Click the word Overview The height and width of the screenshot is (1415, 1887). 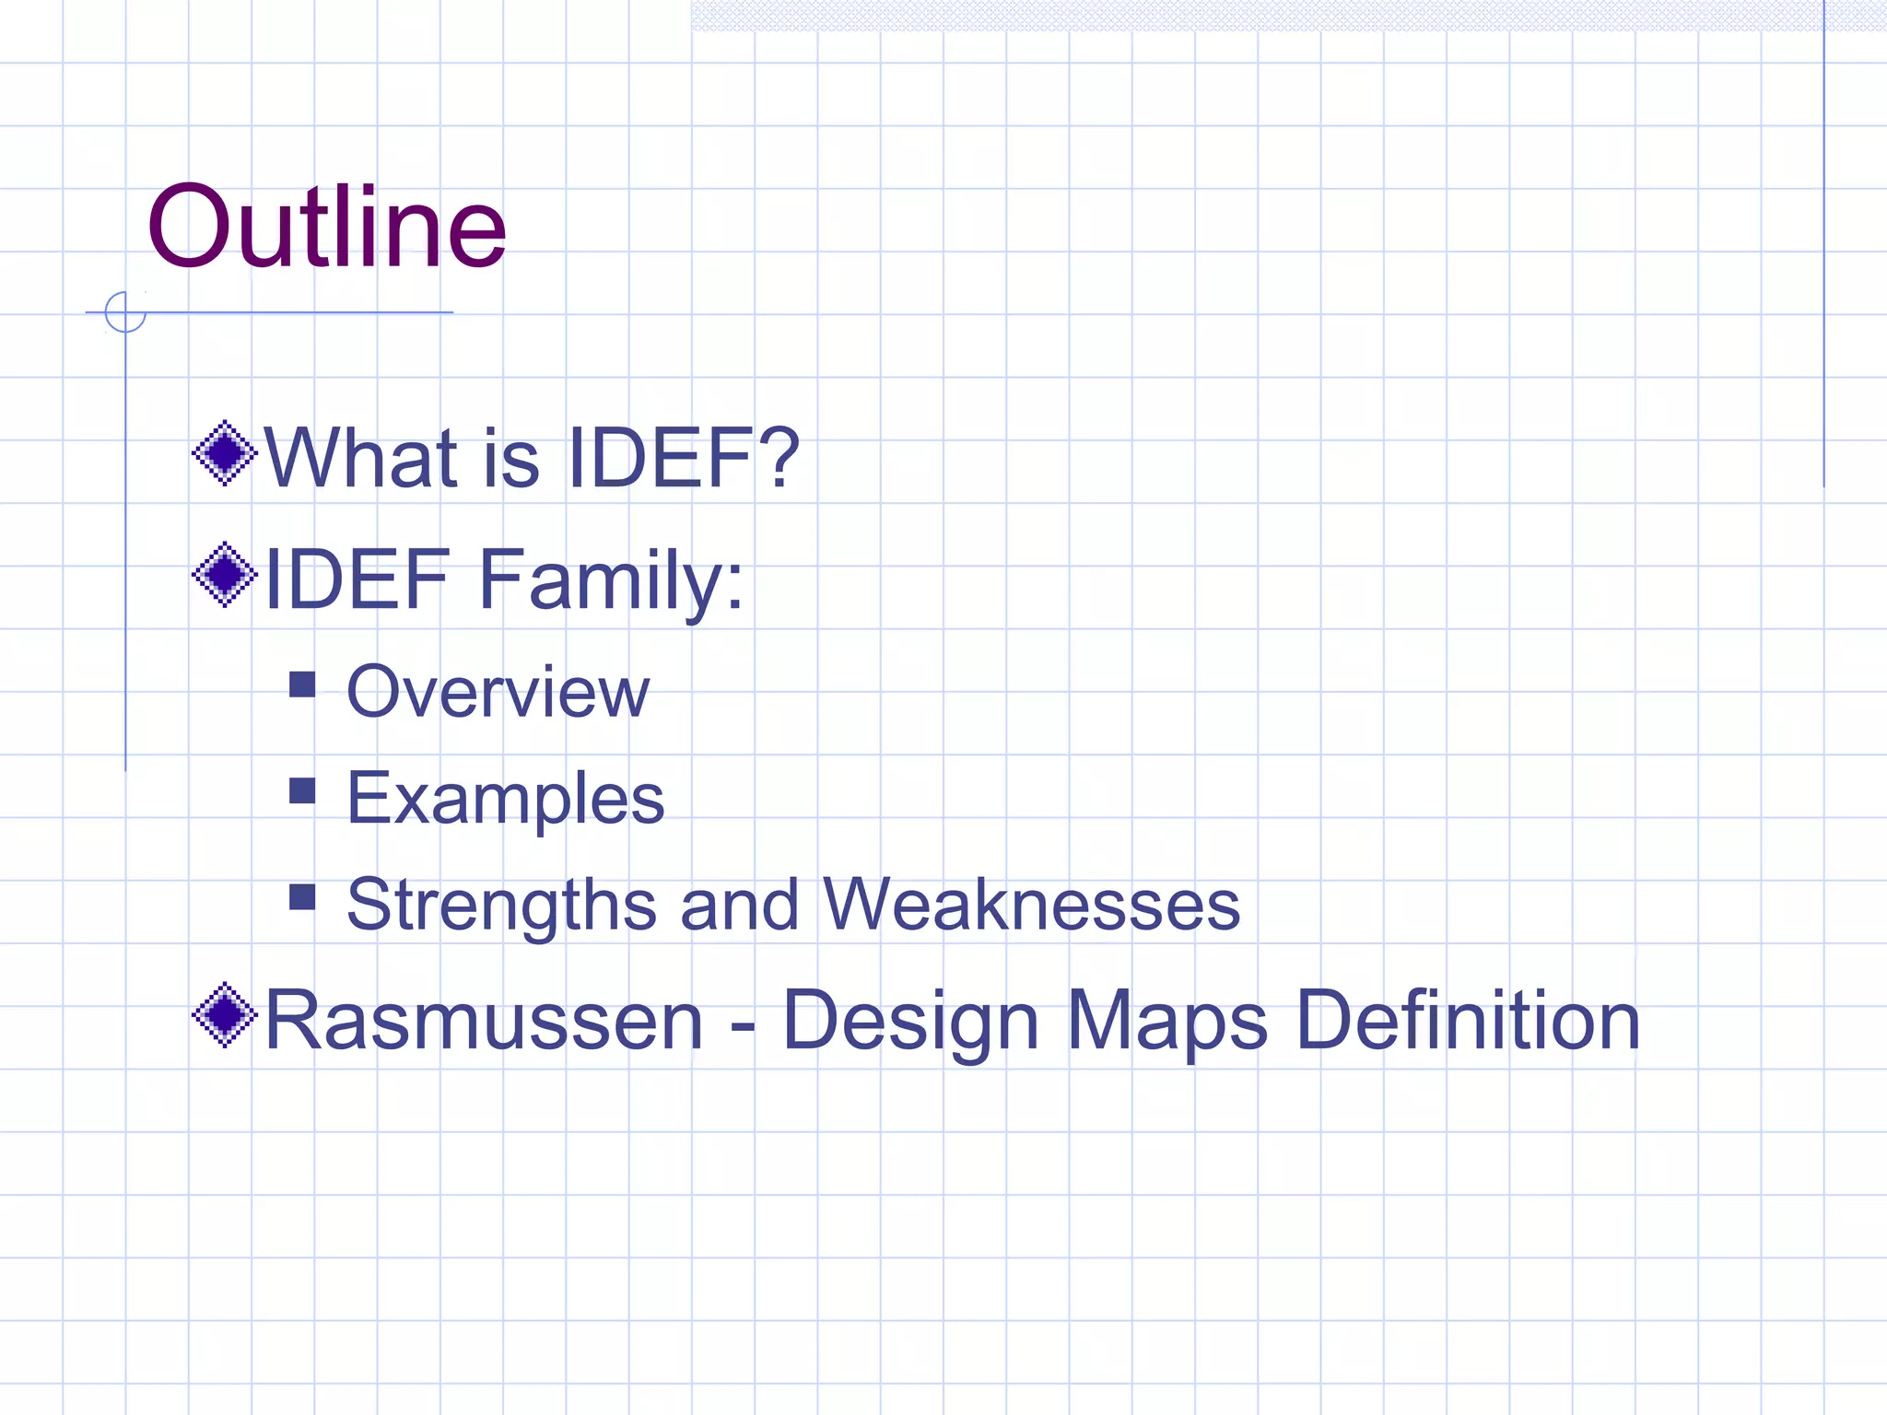pos(498,692)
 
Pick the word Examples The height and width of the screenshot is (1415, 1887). pos(505,798)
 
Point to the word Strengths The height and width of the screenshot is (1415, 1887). pos(501,905)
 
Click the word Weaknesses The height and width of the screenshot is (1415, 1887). pos(1031,905)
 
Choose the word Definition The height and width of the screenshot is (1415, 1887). pos(1468,1020)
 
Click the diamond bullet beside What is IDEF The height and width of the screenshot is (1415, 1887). pos(224,453)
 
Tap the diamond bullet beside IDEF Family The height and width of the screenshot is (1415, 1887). pos(224,576)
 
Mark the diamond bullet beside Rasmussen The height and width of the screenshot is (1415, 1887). pos(224,1015)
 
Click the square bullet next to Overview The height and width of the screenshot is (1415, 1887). pos(302,684)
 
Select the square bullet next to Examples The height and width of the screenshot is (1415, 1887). pos(302,791)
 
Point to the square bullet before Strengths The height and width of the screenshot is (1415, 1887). pos(302,897)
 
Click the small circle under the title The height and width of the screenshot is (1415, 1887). pos(125,312)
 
